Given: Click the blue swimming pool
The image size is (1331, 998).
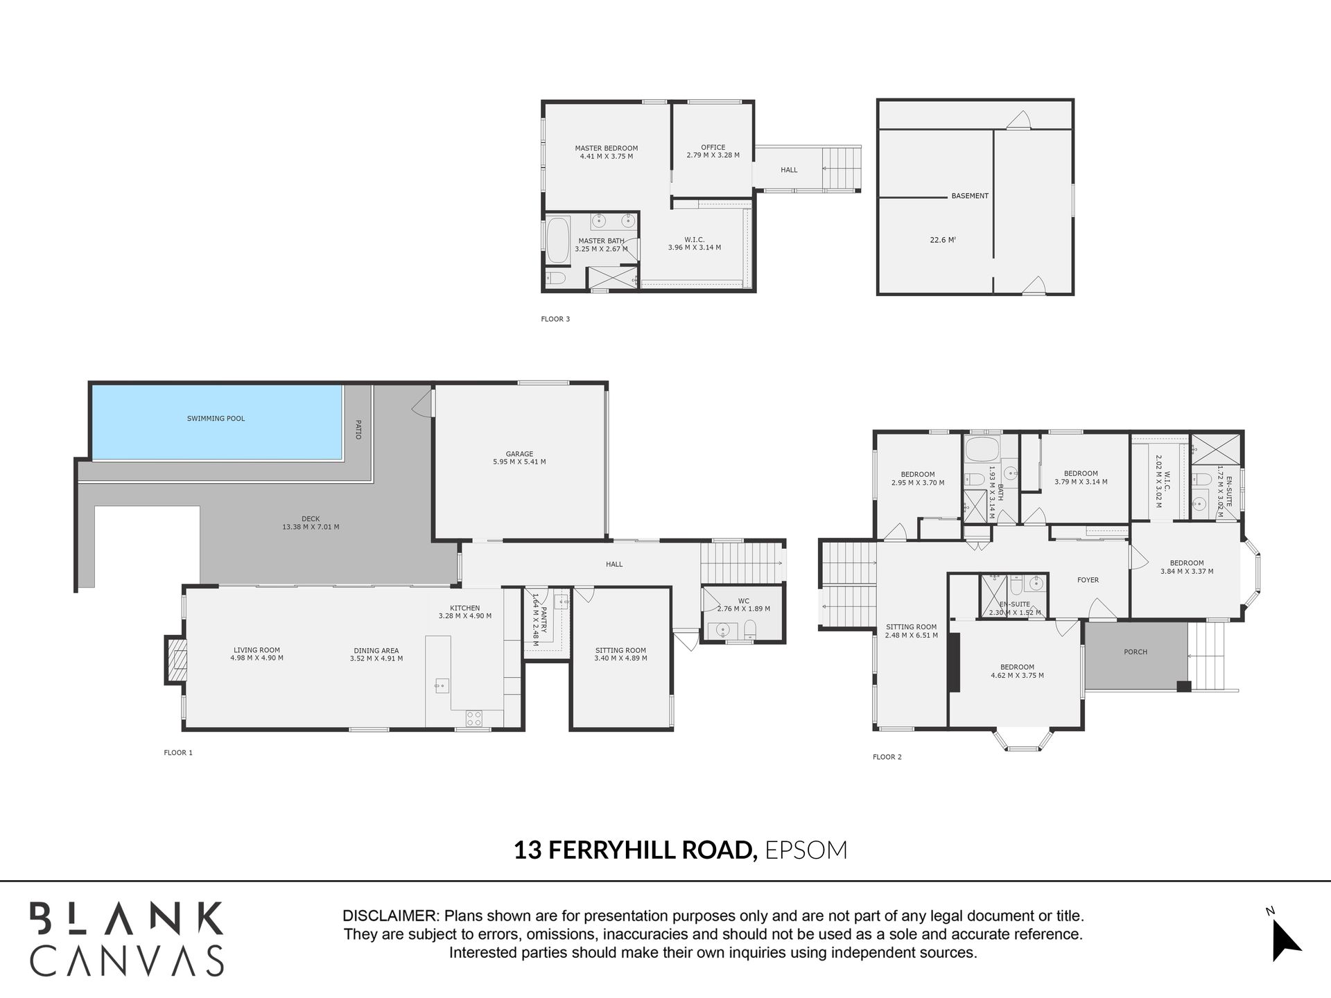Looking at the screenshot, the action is tap(217, 422).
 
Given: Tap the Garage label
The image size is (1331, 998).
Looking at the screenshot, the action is tap(519, 454).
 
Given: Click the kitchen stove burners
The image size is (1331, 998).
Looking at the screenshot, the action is tap(474, 718).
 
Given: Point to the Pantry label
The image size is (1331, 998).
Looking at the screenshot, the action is tap(543, 620).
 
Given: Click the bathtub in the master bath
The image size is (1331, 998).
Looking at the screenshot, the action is tap(557, 240).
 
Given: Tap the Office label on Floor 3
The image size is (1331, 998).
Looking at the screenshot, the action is tap(713, 148).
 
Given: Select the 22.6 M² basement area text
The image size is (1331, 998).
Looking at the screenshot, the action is tap(943, 240).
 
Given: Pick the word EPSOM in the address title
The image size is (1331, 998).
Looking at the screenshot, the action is tap(806, 850).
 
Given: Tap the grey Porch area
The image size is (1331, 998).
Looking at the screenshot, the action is tap(1136, 656).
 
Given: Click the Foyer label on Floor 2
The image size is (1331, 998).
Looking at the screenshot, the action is tap(1088, 580).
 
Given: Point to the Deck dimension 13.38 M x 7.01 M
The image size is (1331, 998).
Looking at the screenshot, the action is tap(311, 527).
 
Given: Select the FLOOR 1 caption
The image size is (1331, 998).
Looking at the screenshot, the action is tap(178, 753).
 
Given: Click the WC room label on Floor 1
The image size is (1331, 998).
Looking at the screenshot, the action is tap(743, 601).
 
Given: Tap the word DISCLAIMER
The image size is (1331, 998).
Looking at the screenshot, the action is tap(390, 916).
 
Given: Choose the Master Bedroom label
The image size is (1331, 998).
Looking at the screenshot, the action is tap(606, 148).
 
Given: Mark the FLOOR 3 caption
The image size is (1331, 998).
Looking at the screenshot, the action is tap(555, 319).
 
